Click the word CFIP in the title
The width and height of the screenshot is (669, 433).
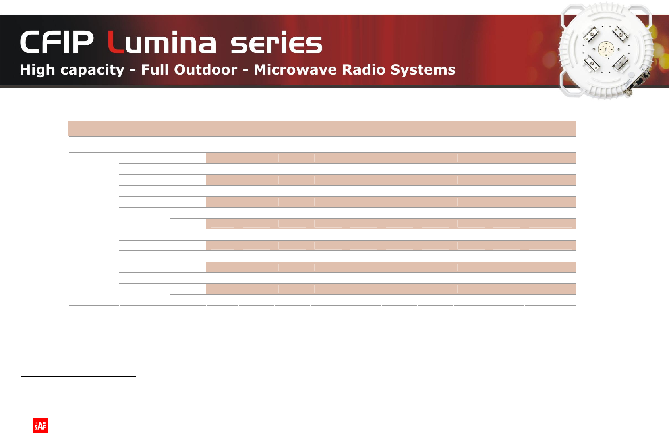pos(57,42)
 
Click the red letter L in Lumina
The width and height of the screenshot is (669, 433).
pos(116,42)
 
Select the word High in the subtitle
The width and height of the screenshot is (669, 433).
pos(37,70)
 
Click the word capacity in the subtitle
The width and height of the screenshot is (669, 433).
pos(92,70)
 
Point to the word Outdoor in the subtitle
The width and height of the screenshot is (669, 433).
pos(206,70)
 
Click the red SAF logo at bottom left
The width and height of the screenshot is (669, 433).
pos(40,425)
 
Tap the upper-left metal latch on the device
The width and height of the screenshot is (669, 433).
pos(591,34)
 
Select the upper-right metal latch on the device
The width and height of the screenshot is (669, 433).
pos(621,33)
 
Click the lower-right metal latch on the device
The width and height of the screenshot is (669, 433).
pos(621,63)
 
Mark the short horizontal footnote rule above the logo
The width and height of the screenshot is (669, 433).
pos(79,376)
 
